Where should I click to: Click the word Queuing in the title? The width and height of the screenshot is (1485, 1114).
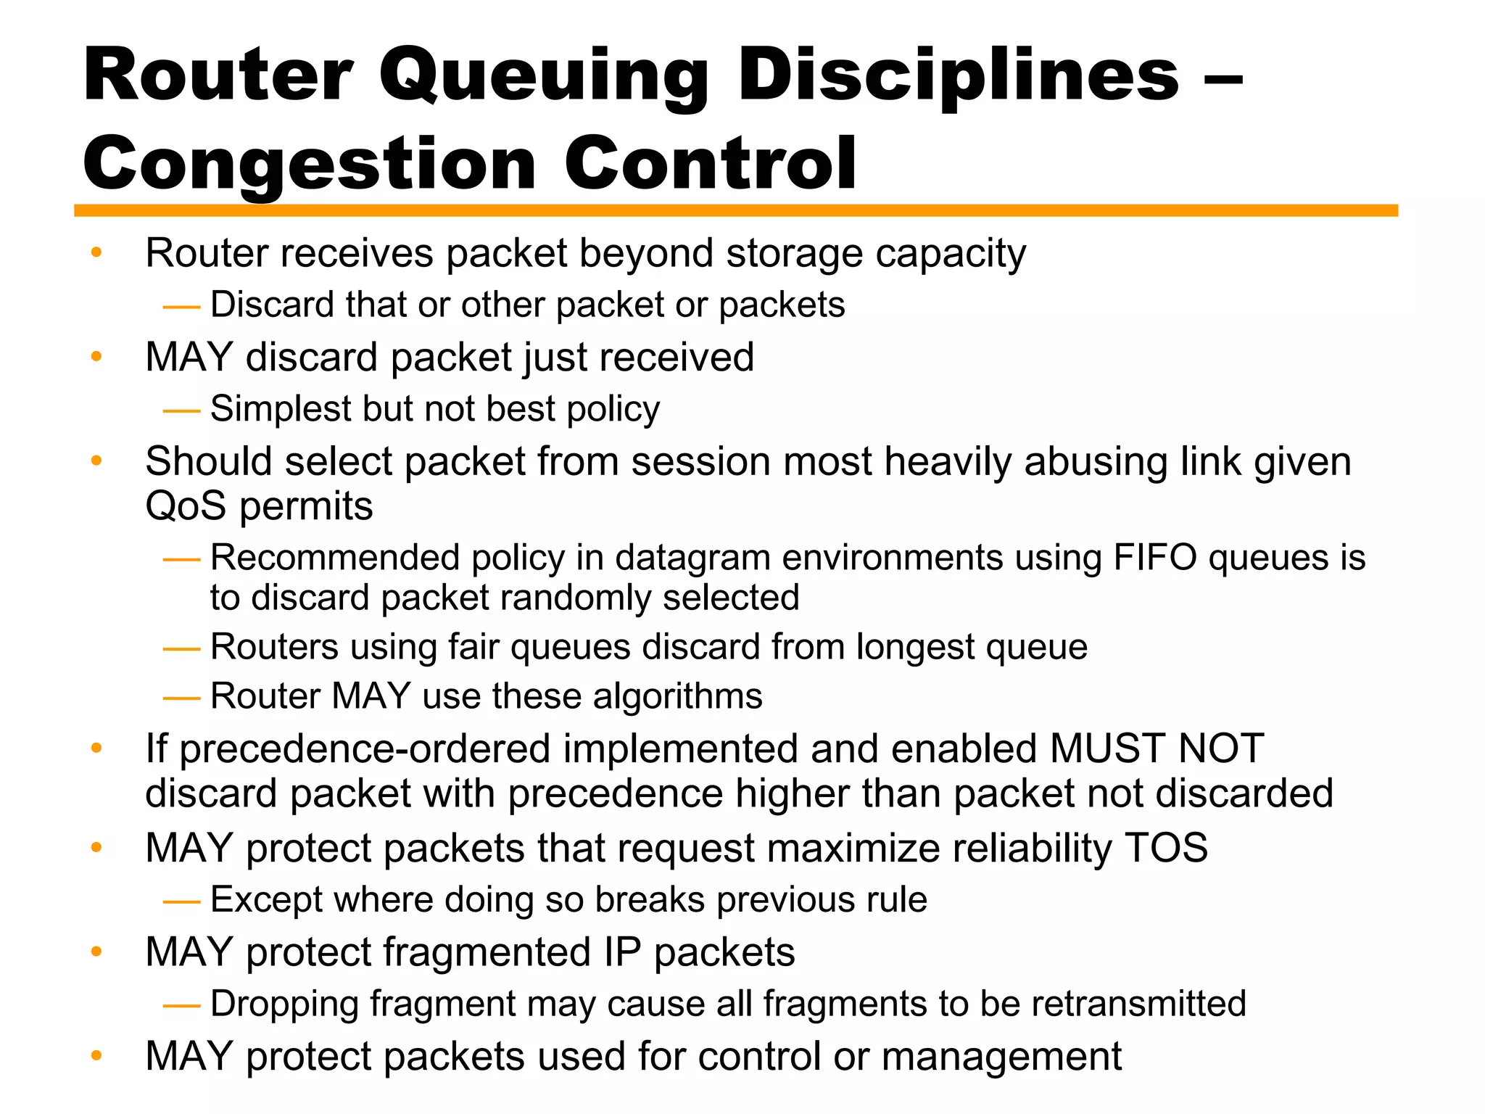tap(543, 77)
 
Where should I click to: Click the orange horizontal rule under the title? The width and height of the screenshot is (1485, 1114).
tap(735, 210)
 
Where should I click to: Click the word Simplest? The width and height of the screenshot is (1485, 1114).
tap(281, 408)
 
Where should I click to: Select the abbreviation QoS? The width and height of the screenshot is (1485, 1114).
tap(186, 506)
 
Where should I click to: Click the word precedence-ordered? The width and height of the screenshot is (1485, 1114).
tap(365, 748)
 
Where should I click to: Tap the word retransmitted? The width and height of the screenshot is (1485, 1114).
tap(1138, 1004)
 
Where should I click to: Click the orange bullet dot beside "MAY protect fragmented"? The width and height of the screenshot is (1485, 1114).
tap(96, 952)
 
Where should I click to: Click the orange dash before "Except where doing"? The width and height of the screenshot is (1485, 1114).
tap(181, 901)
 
